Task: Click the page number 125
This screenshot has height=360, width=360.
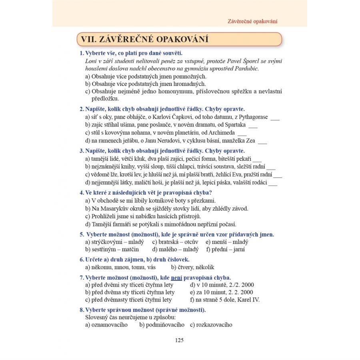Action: (179, 340)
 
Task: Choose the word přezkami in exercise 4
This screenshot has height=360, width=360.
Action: (204, 200)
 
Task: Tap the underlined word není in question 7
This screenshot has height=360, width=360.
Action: (176, 277)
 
